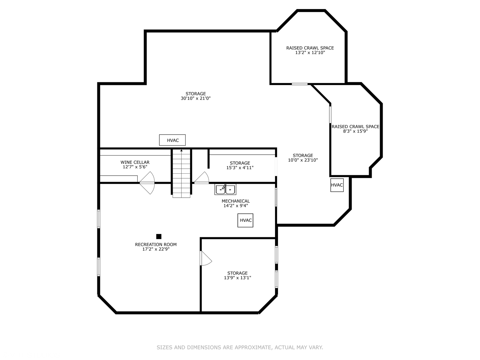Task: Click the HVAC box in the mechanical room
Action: pyautogui.click(x=245, y=220)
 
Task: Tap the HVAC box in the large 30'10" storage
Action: pyautogui.click(x=172, y=140)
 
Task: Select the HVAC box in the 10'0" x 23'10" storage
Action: pyautogui.click(x=337, y=185)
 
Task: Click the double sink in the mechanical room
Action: pyautogui.click(x=225, y=190)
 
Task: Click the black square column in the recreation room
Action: pyautogui.click(x=159, y=236)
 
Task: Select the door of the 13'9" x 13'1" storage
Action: pyautogui.click(x=205, y=258)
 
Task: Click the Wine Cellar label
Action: pyautogui.click(x=135, y=162)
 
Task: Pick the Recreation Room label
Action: pyautogui.click(x=156, y=244)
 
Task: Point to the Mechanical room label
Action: pyautogui.click(x=236, y=201)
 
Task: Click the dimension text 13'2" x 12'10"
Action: pyautogui.click(x=310, y=53)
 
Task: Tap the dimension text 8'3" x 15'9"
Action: pyautogui.click(x=355, y=131)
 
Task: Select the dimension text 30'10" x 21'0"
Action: pyautogui.click(x=196, y=98)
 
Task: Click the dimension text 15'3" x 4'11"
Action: pyautogui.click(x=240, y=168)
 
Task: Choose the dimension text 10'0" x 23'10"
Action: pyautogui.click(x=303, y=160)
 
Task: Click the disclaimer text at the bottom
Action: pyautogui.click(x=240, y=347)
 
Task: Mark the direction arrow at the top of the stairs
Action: pyautogui.click(x=181, y=151)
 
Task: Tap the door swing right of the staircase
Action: pyautogui.click(x=202, y=178)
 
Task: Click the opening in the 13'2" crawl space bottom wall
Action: pyautogui.click(x=299, y=84)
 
